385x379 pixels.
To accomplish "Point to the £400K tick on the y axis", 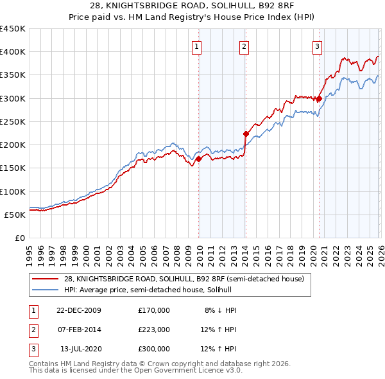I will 13,52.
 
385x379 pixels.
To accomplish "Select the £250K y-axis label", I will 13,121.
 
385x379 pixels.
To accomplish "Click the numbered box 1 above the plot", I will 196,46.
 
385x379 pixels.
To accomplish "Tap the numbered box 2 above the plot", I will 244,46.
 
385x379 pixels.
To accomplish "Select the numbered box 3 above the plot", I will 317,46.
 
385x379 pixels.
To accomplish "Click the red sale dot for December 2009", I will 199,159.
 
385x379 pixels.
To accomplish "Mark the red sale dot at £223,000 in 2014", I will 246,134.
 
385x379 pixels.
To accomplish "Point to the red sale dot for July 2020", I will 319,99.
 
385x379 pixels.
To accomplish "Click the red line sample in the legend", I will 46,279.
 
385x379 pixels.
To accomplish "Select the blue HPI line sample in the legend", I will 46,290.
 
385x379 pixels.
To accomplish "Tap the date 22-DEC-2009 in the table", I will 78,310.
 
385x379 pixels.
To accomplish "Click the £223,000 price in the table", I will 154,330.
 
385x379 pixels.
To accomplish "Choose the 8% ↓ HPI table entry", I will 220,310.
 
